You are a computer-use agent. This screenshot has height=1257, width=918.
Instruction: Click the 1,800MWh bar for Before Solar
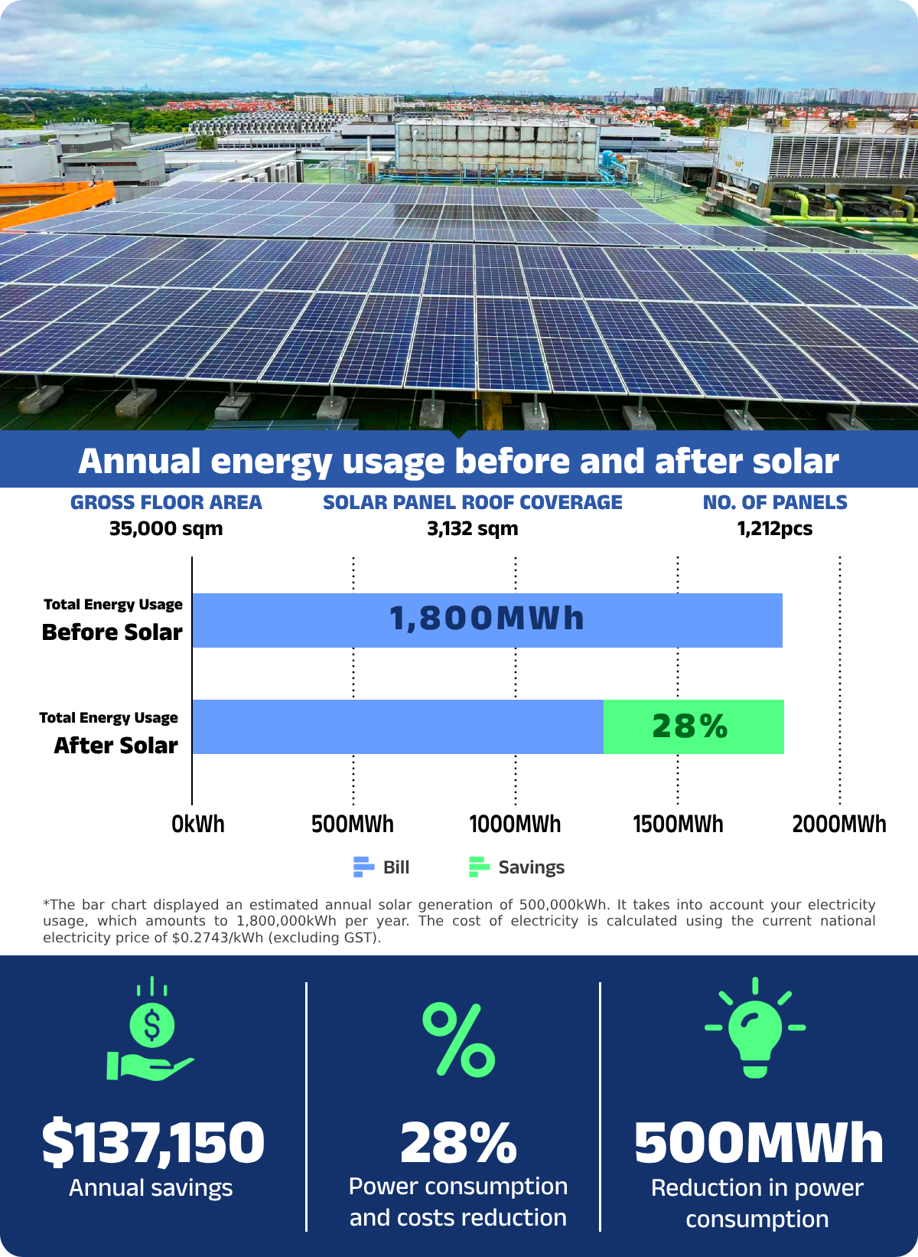point(487,620)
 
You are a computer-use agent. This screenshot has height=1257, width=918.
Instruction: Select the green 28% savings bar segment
point(693,726)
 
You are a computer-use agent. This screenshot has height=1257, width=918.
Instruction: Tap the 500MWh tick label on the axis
point(353,824)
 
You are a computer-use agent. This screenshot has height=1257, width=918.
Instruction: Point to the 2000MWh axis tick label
point(839,824)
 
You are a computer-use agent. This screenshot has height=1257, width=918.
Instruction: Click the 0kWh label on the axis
point(198,824)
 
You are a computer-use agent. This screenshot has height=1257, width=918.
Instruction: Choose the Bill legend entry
point(382,867)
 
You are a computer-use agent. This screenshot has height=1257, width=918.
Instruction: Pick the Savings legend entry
point(517,867)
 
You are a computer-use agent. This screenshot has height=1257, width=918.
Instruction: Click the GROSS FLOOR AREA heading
point(166,503)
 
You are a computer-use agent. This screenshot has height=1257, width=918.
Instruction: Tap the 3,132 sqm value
point(473,529)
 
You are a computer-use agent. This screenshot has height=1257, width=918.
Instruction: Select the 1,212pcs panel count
point(775,529)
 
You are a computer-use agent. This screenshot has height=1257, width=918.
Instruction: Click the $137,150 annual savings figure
point(153,1143)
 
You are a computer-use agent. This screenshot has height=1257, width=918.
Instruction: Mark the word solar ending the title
point(796,462)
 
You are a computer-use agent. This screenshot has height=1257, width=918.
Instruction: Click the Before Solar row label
point(112,632)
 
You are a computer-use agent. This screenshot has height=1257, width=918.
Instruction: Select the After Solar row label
point(116,746)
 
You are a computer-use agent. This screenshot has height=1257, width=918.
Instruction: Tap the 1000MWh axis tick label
point(515,824)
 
